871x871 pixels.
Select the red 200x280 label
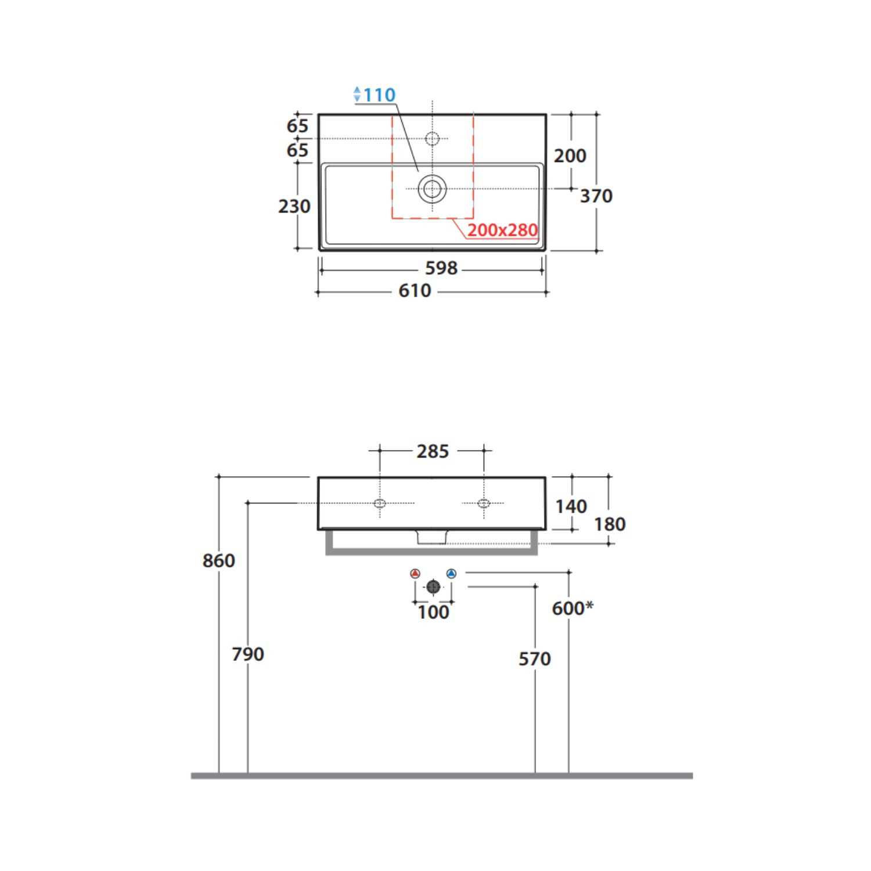[502, 230]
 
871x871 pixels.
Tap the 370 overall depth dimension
[596, 196]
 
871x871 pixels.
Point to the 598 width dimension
[441, 268]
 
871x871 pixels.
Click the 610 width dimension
[415, 290]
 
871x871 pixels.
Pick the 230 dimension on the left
[294, 206]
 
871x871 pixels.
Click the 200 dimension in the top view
[570, 156]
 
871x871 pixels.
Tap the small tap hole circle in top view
[433, 139]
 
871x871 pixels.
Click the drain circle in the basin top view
[432, 189]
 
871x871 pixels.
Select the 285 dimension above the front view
[433, 451]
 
